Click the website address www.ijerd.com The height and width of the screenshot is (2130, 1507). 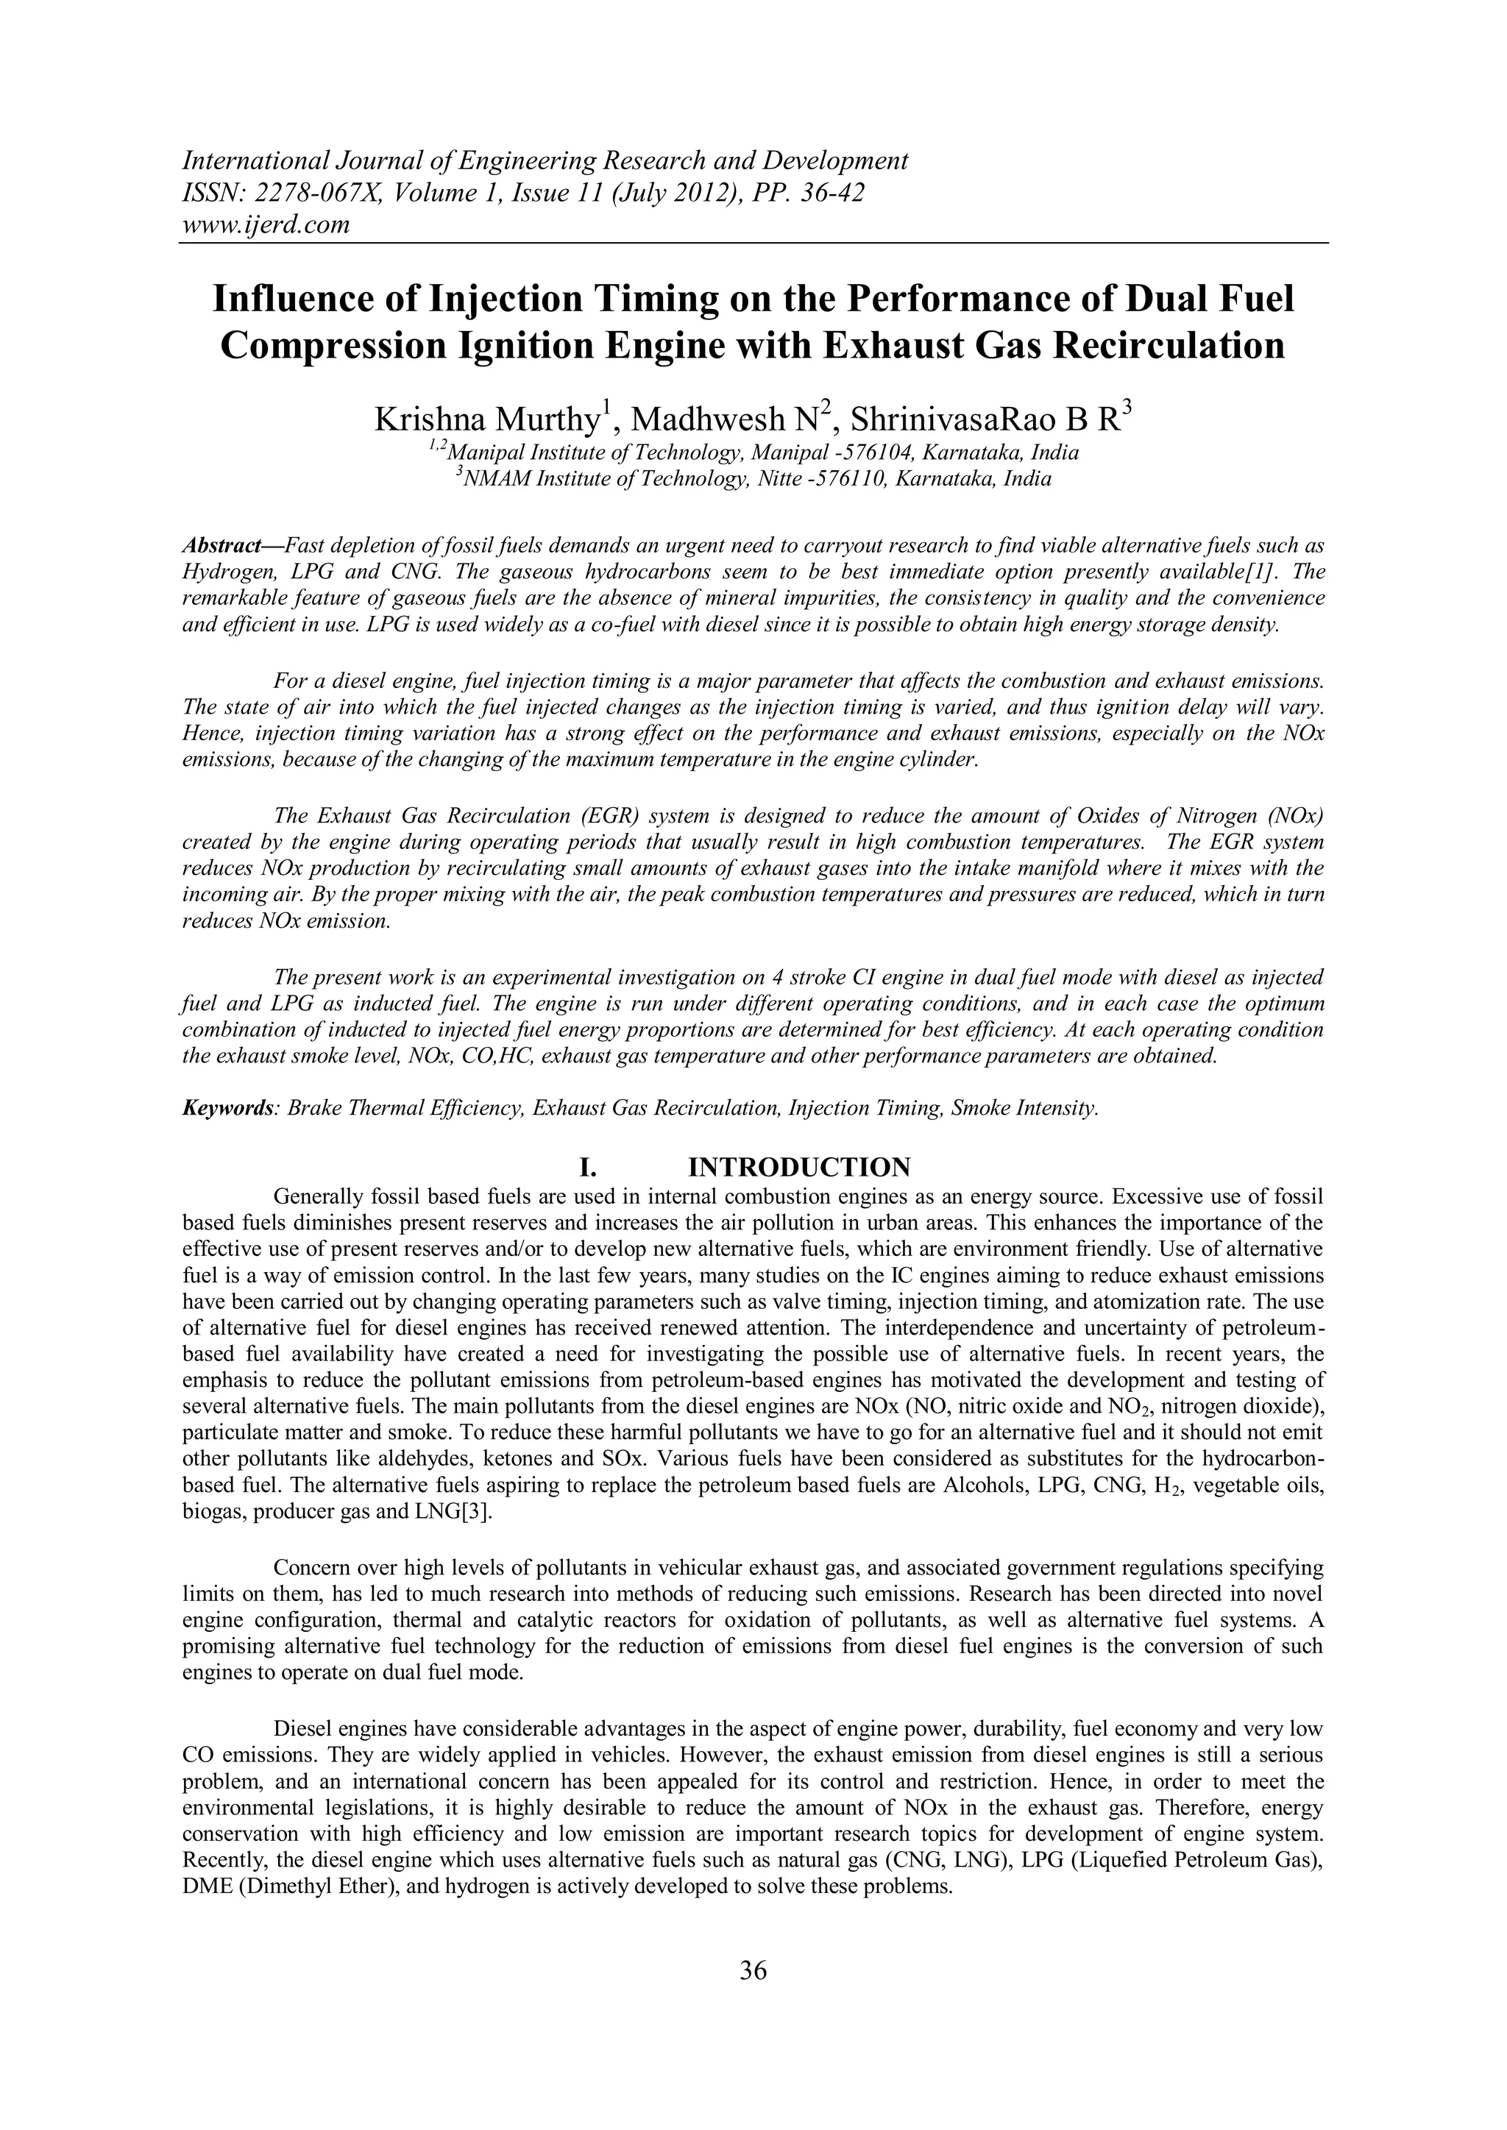(x=266, y=224)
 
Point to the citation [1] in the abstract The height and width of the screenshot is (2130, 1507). (x=1266, y=569)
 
